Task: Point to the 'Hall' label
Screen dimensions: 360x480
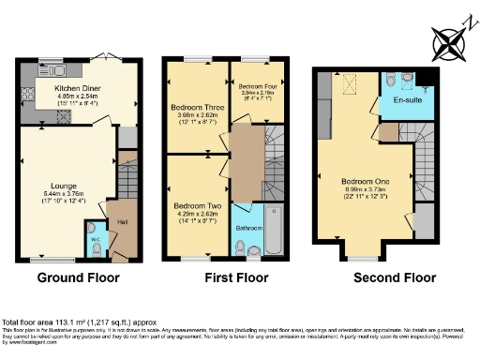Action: tap(122, 222)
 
